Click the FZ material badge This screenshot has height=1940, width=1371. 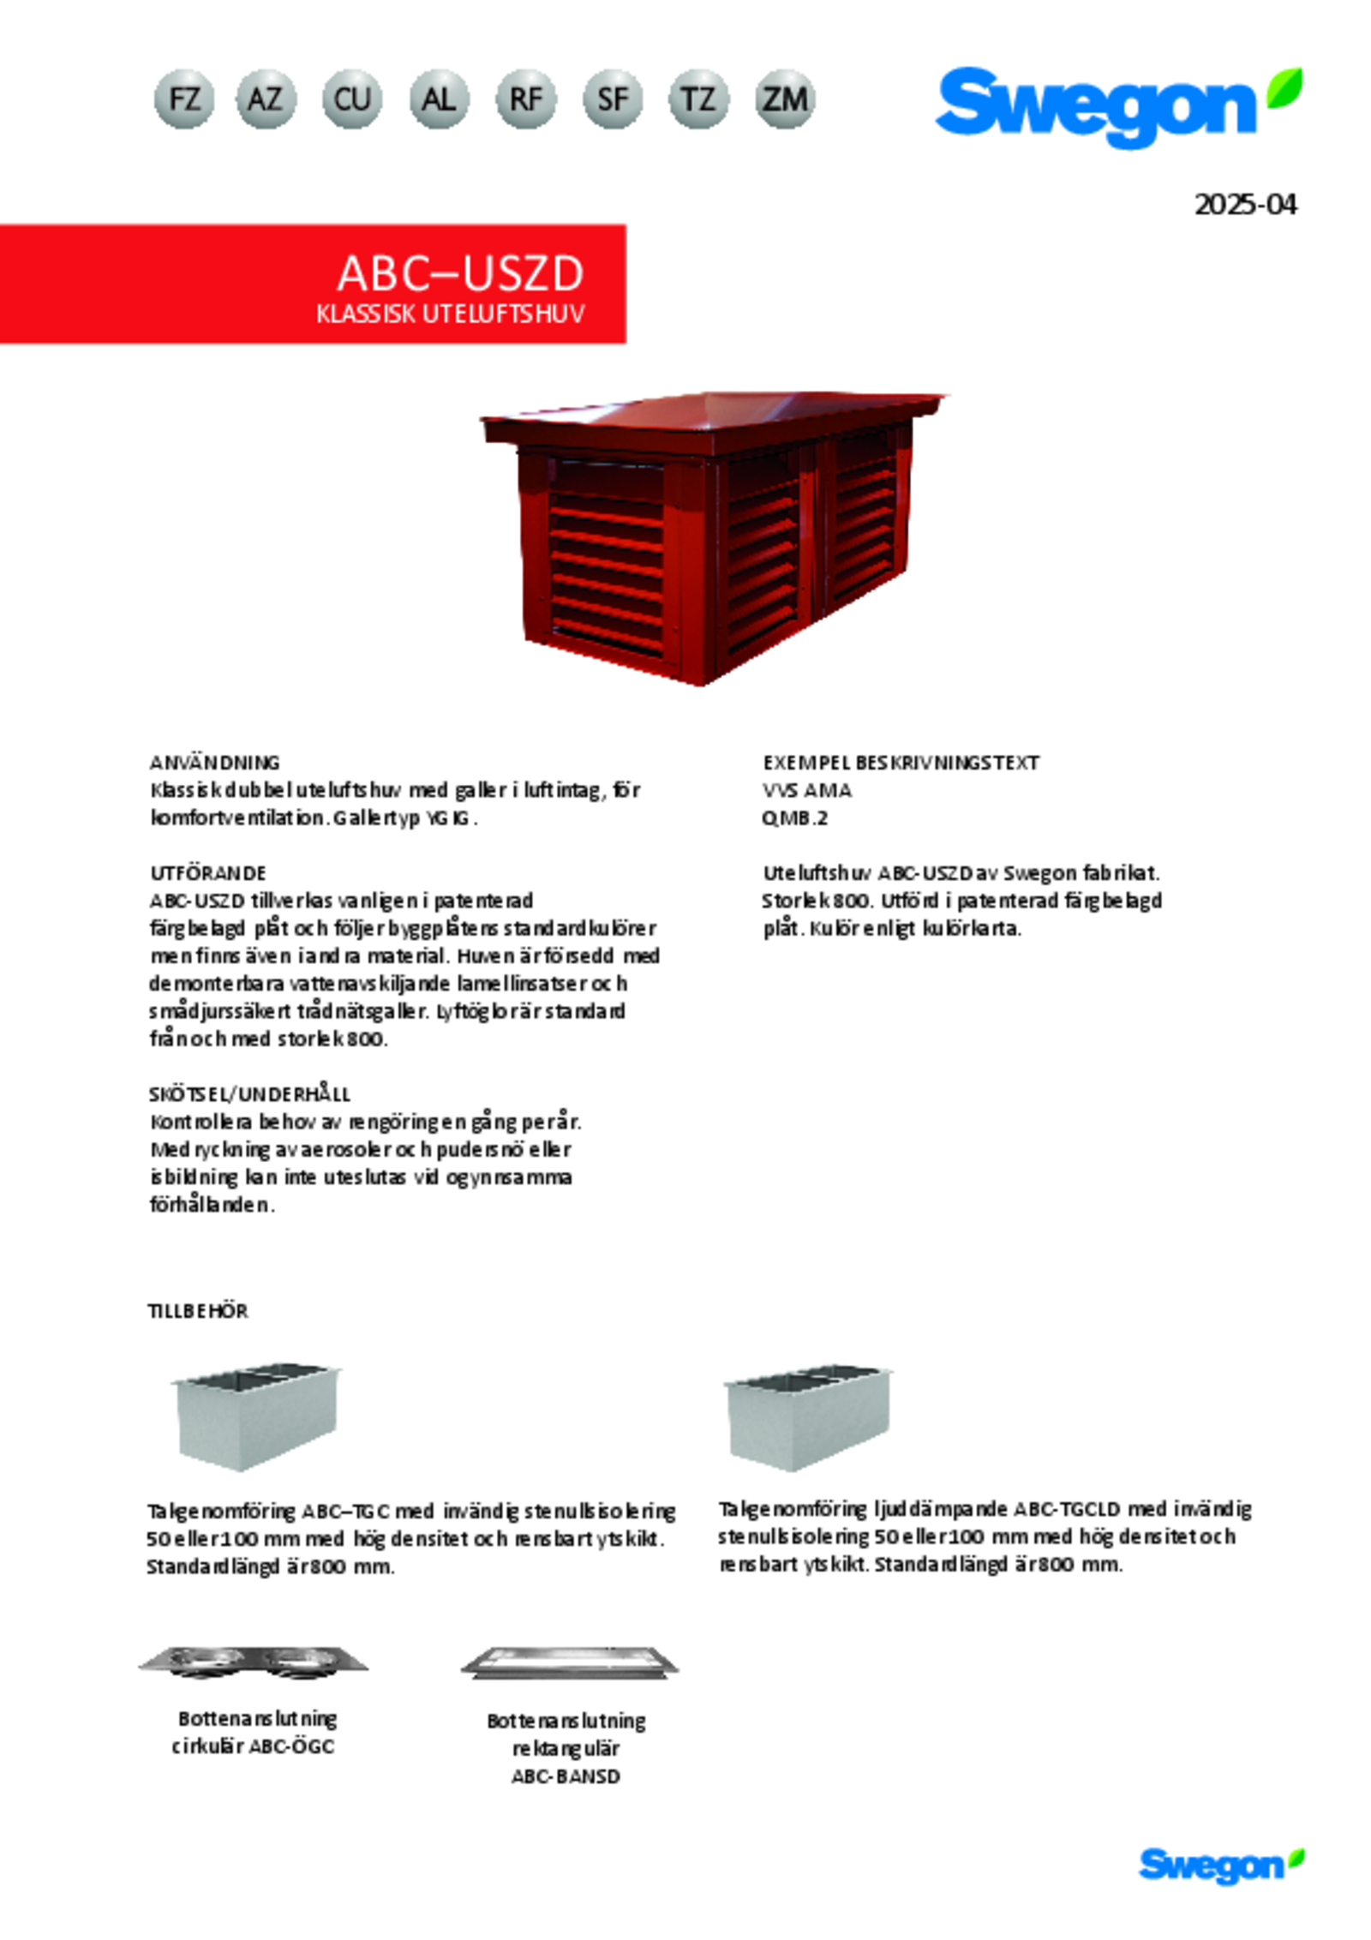pyautogui.click(x=184, y=99)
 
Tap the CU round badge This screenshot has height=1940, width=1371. pyautogui.click(x=352, y=99)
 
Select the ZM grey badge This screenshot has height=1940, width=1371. pyautogui.click(x=785, y=99)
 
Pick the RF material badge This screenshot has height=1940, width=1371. pyautogui.click(x=525, y=99)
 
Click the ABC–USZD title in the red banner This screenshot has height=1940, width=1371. pyautogui.click(x=460, y=274)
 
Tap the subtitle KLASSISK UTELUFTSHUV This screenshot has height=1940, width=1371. pyautogui.click(x=450, y=314)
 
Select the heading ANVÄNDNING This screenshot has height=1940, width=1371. pyautogui.click(x=214, y=763)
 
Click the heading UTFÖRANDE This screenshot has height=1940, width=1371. pyautogui.click(x=208, y=873)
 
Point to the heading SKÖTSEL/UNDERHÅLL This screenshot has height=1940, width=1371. pyautogui.click(x=249, y=1094)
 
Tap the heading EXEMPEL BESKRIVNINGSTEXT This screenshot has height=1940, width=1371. pyautogui.click(x=901, y=763)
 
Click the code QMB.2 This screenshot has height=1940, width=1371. pyautogui.click(x=794, y=818)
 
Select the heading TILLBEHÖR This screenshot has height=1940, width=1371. pyautogui.click(x=198, y=1312)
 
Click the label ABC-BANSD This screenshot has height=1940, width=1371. pyautogui.click(x=566, y=1776)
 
